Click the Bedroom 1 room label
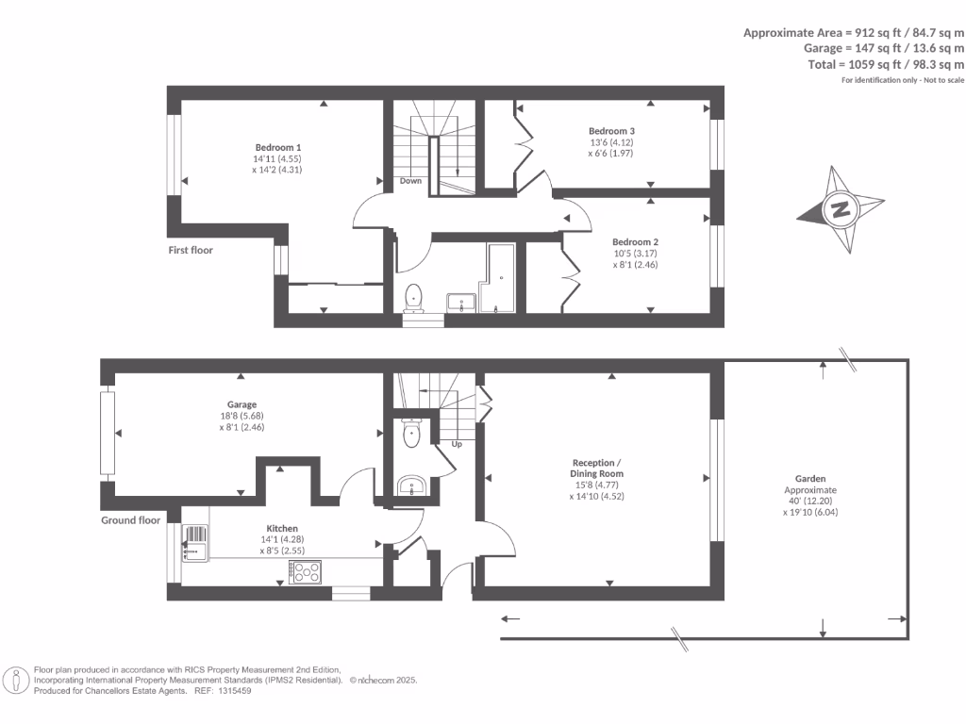278,147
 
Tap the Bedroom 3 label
611,130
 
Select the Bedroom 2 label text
635,242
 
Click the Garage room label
241,404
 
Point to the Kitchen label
282,528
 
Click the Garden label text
810,478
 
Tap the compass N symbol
841,209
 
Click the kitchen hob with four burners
305,572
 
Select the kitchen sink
195,543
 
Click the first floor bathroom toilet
413,299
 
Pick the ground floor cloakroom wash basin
411,485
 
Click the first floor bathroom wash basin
460,303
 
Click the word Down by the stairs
411,181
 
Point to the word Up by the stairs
457,444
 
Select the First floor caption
191,250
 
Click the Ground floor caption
130,520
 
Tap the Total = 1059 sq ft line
886,64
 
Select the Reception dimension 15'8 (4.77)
597,485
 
